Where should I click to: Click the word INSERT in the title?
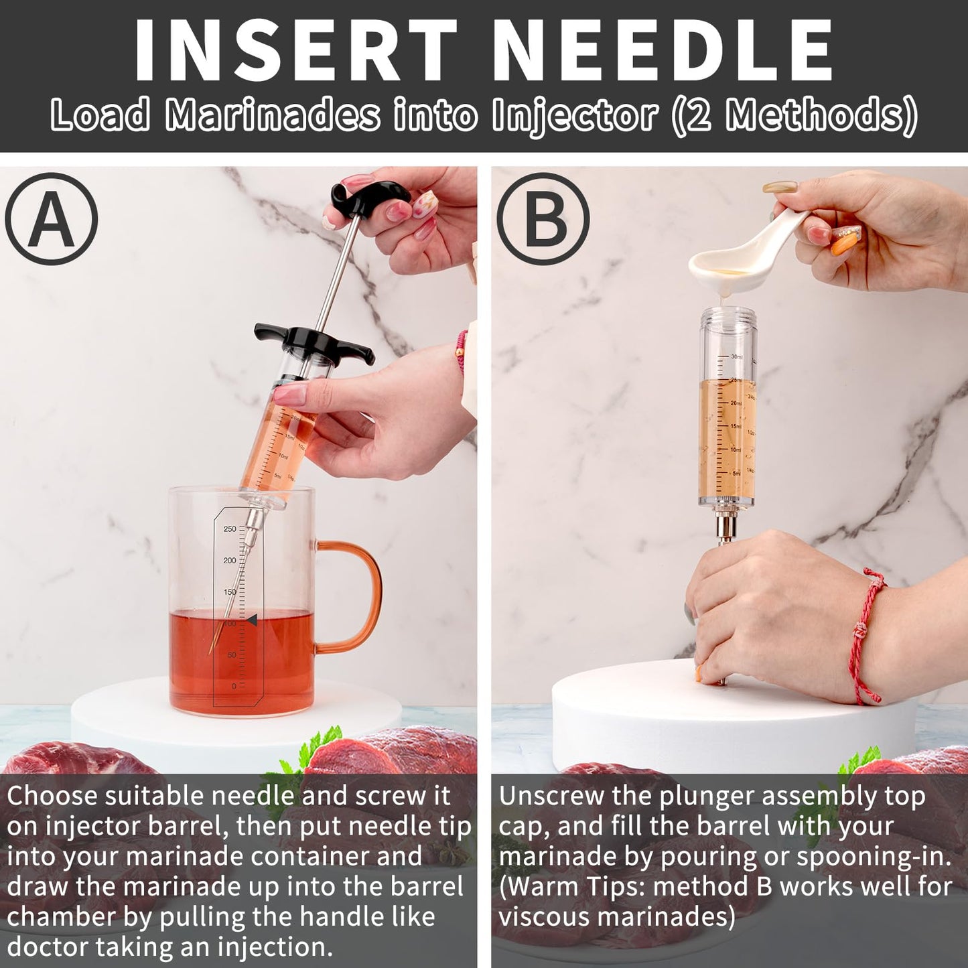click(295, 50)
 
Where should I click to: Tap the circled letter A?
click(52, 219)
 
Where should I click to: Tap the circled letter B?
click(543, 219)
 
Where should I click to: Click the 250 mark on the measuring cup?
click(230, 529)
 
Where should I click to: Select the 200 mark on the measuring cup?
click(230, 560)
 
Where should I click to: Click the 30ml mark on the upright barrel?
click(736, 357)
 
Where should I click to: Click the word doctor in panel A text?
click(48, 947)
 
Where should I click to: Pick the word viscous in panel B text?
click(543, 916)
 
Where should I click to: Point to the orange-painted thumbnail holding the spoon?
click(842, 245)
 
